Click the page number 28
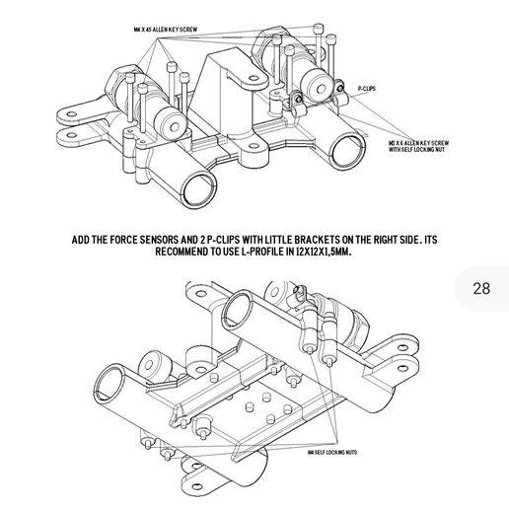point(481,289)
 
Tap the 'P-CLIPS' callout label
point(367,88)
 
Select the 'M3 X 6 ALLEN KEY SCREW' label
point(419,143)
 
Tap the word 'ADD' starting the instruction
point(85,240)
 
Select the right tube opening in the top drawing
point(347,152)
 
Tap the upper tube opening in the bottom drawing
point(241,309)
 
